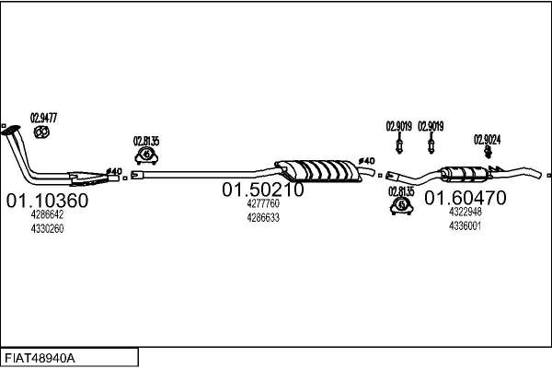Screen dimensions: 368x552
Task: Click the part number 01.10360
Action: click(x=47, y=200)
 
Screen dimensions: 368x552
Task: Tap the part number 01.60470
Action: click(x=465, y=197)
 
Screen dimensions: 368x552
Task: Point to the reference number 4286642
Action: click(x=47, y=214)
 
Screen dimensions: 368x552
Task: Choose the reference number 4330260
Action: click(x=47, y=228)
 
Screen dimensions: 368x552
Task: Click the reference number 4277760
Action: click(x=262, y=204)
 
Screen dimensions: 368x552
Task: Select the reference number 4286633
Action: click(x=262, y=218)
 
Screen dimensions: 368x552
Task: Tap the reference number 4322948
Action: click(x=465, y=211)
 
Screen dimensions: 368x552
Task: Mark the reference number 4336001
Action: click(x=465, y=224)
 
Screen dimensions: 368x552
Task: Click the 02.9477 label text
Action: click(x=43, y=117)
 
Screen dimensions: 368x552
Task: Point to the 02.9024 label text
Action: click(x=488, y=140)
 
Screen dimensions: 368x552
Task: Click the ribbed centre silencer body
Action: click(x=316, y=170)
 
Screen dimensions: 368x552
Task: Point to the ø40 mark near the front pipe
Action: click(x=113, y=171)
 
